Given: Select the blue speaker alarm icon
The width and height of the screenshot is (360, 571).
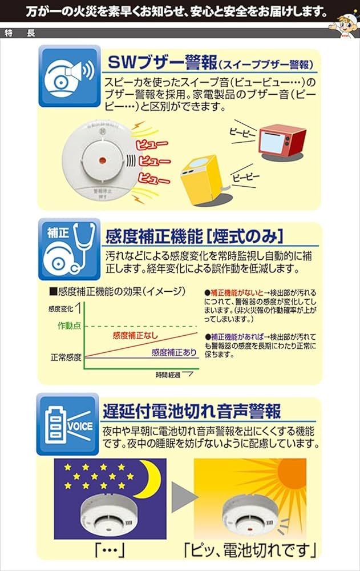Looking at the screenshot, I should (69, 76).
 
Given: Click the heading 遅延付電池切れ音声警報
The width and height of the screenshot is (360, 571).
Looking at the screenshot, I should (192, 411).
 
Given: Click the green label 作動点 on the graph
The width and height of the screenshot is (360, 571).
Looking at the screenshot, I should (70, 325).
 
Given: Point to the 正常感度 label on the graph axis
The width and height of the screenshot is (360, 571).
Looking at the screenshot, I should (66, 358).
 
